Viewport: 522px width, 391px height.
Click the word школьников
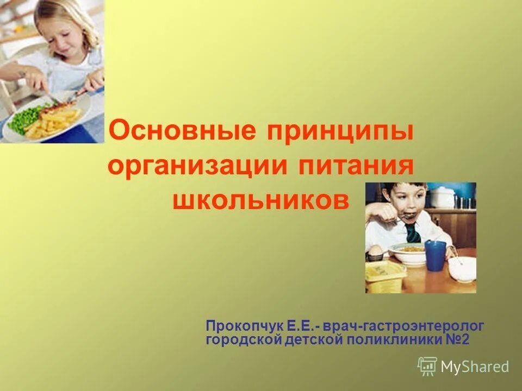(261, 200)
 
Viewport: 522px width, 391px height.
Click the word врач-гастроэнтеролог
(403, 326)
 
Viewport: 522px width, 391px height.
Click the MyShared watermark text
(475, 367)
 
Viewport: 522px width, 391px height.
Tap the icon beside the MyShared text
(427, 366)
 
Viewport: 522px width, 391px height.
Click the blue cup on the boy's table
(435, 255)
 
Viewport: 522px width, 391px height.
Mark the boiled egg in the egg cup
(374, 251)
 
